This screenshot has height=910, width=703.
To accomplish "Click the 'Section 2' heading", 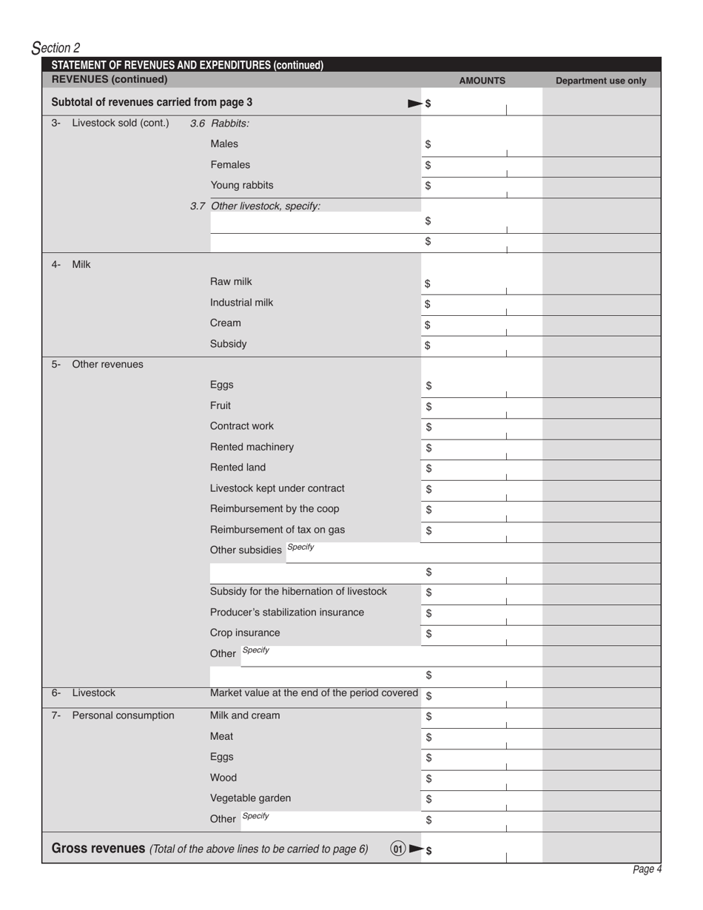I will (56, 48).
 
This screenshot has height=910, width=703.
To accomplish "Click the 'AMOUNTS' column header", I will (482, 81).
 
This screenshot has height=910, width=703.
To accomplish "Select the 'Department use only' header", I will (600, 81).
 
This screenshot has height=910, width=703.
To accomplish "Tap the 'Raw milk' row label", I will (231, 282).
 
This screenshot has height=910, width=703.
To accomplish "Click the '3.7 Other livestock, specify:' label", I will (255, 206).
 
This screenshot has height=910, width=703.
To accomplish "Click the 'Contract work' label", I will (241, 426).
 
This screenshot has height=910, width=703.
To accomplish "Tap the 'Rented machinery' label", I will (252, 447).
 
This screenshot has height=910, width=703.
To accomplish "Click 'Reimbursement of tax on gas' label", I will (277, 530).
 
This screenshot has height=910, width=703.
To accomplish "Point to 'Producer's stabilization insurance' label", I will (286, 613).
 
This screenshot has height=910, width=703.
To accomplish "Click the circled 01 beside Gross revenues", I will (398, 849).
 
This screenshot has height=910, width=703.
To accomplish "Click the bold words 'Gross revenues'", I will (98, 849).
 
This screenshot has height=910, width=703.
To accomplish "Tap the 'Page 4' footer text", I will (647, 869).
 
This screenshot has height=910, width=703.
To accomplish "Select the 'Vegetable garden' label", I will (250, 798).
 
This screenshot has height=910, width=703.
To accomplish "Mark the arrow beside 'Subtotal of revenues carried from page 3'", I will (415, 104).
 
